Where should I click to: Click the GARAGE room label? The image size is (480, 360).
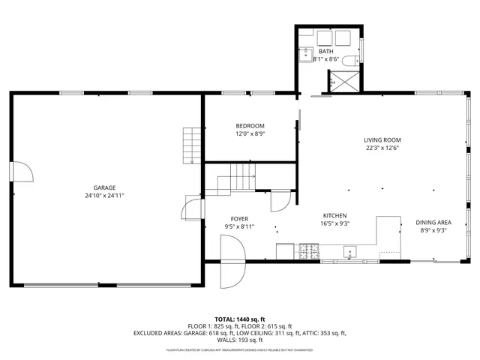pyautogui.click(x=104, y=187)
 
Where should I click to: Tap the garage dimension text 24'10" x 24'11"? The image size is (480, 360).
pyautogui.click(x=104, y=195)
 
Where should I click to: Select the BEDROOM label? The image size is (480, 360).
pyautogui.click(x=250, y=125)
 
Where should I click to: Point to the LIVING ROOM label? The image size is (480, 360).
pyautogui.click(x=382, y=139)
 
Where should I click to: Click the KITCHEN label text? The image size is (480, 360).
pyautogui.click(x=334, y=214)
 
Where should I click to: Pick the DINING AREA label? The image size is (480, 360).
pyautogui.click(x=433, y=222)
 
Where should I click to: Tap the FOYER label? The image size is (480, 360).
pyautogui.click(x=239, y=218)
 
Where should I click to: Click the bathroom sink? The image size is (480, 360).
pyautogui.click(x=306, y=54)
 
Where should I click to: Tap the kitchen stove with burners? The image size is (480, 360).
pyautogui.click(x=309, y=250)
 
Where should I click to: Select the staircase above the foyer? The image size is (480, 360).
pyautogui.click(x=237, y=181)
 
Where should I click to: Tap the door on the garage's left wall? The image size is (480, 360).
pyautogui.click(x=21, y=172)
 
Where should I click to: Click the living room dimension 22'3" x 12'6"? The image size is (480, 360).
pyautogui.click(x=382, y=148)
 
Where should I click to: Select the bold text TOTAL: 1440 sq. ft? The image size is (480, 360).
pyautogui.click(x=240, y=319)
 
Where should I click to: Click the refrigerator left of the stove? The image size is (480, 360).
pyautogui.click(x=285, y=251)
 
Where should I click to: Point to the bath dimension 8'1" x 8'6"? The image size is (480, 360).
pyautogui.click(x=325, y=58)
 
